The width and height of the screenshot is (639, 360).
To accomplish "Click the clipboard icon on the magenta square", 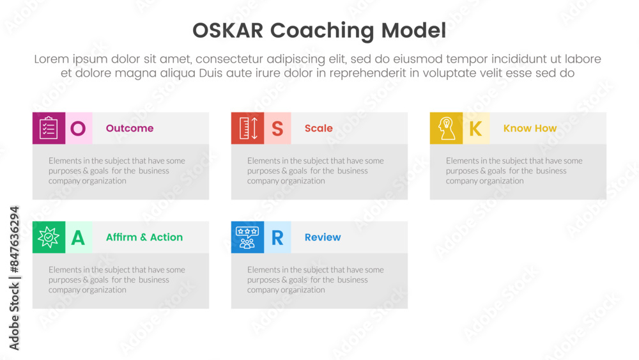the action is [x=49, y=128].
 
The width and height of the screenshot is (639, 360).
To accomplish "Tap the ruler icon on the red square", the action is [x=249, y=128].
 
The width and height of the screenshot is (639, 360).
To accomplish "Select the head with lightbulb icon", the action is [x=446, y=129].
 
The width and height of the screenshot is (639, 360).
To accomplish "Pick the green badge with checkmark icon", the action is [x=49, y=237].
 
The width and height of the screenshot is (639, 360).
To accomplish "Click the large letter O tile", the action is [x=78, y=129].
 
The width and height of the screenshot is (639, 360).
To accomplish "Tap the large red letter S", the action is [x=277, y=129].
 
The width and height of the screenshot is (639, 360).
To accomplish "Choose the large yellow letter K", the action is [x=475, y=129].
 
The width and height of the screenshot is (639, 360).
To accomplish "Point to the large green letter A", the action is [x=78, y=237].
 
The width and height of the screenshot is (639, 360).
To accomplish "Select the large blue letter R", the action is [x=277, y=237].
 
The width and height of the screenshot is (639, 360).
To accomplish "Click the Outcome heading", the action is [x=130, y=129].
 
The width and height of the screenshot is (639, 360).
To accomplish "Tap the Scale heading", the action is [x=319, y=129].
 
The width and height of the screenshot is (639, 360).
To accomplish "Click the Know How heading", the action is [x=530, y=129].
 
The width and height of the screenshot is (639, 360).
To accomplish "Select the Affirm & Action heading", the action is [x=144, y=237].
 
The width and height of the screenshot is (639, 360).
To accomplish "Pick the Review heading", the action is [x=323, y=237].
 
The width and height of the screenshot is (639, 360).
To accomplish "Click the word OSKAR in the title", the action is [x=228, y=31].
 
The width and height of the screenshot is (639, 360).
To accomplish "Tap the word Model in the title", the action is [x=413, y=31].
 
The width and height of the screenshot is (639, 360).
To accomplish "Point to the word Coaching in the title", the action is [x=322, y=31].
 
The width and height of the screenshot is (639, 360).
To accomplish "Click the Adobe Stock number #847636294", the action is [x=14, y=239].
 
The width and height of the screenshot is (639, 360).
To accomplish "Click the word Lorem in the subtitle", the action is [x=51, y=59].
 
